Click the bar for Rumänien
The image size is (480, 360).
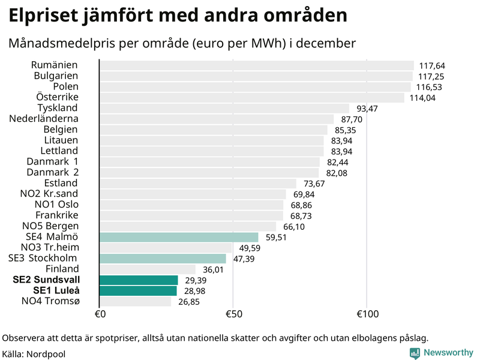[x=256, y=65]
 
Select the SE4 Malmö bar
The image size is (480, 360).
[x=179, y=237]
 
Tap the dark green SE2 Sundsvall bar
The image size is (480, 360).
[x=139, y=280]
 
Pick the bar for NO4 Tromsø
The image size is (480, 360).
[x=135, y=301]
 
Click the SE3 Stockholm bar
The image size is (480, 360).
[x=163, y=259]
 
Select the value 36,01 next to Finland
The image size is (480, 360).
[x=212, y=270]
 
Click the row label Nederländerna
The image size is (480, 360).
[x=44, y=119]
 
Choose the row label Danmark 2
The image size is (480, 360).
[x=52, y=172]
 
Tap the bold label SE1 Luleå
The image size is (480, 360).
[x=56, y=290]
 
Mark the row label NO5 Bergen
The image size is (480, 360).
[x=50, y=226]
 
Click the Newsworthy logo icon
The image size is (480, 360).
[x=415, y=353]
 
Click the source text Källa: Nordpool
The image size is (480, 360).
[x=34, y=354]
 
